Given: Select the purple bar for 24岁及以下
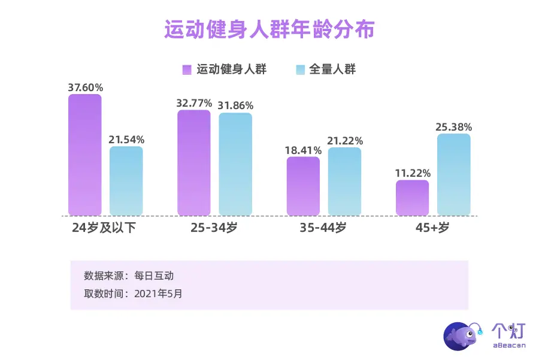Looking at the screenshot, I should (85, 155).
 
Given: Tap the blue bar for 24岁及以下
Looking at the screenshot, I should (126, 181).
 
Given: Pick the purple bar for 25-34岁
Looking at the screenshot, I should (193, 163).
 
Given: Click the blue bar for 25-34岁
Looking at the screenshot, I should (235, 164).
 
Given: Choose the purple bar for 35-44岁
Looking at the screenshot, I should (303, 186).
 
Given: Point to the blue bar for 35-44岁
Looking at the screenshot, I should (344, 181).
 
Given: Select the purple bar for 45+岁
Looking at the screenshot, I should (412, 198).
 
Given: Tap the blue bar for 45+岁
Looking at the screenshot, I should (453, 174).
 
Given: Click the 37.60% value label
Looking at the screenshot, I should (85, 87).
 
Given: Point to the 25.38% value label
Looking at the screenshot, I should (454, 127).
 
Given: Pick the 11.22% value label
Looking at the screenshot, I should (413, 174).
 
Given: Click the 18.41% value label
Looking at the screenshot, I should (303, 150).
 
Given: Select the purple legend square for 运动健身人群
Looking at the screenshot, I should (186, 69).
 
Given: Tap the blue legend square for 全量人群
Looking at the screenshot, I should (301, 69).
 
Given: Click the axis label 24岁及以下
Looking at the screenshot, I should (104, 228).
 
